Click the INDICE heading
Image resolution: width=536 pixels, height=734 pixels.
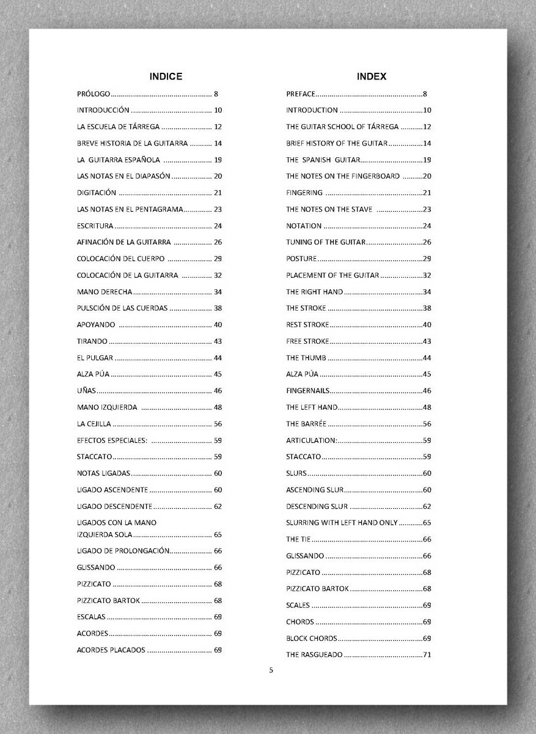coord(166,76)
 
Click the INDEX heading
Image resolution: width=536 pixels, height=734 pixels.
coord(372,76)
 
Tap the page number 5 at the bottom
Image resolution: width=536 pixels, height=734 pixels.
coord(271,670)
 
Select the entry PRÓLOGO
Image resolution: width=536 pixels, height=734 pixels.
coord(94,94)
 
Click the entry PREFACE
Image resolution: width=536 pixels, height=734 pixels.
coord(301,94)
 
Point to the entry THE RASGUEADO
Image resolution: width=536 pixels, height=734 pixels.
coord(314,655)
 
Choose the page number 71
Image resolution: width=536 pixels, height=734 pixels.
coord(427,655)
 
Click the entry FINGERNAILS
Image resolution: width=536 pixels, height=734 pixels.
coord(307,391)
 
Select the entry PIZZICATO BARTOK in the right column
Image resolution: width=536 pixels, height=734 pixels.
coord(317,589)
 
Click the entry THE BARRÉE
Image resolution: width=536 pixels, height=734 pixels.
coord(306,424)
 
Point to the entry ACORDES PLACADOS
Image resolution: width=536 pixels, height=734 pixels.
coord(111,650)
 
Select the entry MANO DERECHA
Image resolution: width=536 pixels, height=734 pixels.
coord(105,292)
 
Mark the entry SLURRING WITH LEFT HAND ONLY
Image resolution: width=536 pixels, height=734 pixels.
coord(342,523)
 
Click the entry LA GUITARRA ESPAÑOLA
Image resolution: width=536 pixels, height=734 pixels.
coord(119,160)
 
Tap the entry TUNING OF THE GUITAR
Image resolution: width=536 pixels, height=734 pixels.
coord(326,242)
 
